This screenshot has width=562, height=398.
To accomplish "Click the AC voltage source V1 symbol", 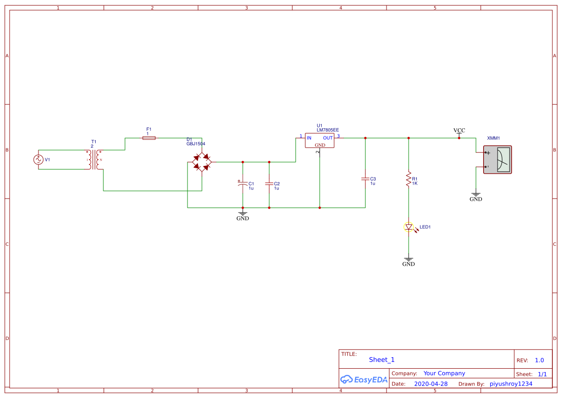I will coord(38,160).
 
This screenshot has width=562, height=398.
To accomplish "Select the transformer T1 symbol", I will coord(94,160).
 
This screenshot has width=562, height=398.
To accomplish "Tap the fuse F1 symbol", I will coord(149,138).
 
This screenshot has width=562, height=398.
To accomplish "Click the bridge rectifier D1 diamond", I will coord(202,162).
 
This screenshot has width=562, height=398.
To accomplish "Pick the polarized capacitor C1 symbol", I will coord(243,184).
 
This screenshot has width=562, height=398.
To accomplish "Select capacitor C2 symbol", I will coord(269,184).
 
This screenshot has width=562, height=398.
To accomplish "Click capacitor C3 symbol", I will coord(365,179).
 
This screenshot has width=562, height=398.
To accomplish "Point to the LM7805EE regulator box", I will coord(320,140).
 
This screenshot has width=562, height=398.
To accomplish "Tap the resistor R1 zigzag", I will coord(409,179).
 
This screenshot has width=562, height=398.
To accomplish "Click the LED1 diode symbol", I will coord(409,227).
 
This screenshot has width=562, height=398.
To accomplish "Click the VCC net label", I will coord(459,131).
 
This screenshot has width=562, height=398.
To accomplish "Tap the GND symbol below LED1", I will coord(409,261).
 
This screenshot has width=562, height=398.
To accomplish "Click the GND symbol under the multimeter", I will coord(475,197).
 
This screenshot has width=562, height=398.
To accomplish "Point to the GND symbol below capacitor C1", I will coord(243,216).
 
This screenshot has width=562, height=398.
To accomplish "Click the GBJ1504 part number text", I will coord(196,144).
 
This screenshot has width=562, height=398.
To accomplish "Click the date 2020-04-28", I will coord(431,384).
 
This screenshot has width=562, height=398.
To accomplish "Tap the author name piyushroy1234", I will coord(511,384).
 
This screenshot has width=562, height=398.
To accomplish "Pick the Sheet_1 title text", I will coord(382,360).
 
